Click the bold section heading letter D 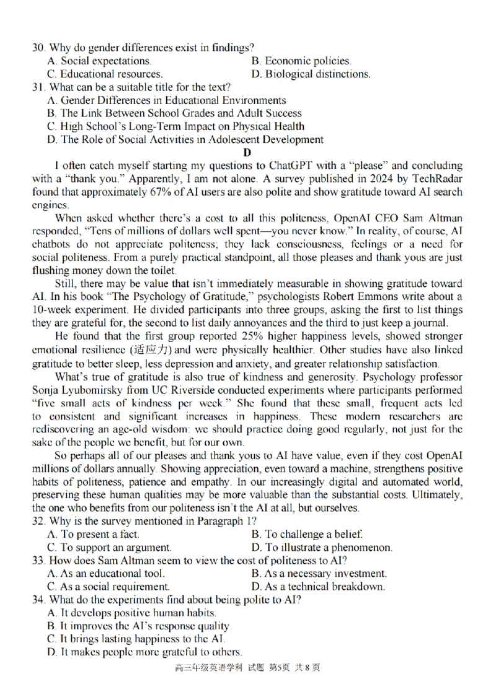(247, 152)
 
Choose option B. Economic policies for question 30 (301, 61)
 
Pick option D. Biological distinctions (311, 74)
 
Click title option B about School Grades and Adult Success (174, 113)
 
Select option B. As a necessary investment (319, 574)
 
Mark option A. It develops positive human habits (131, 613)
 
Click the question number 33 (38, 561)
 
